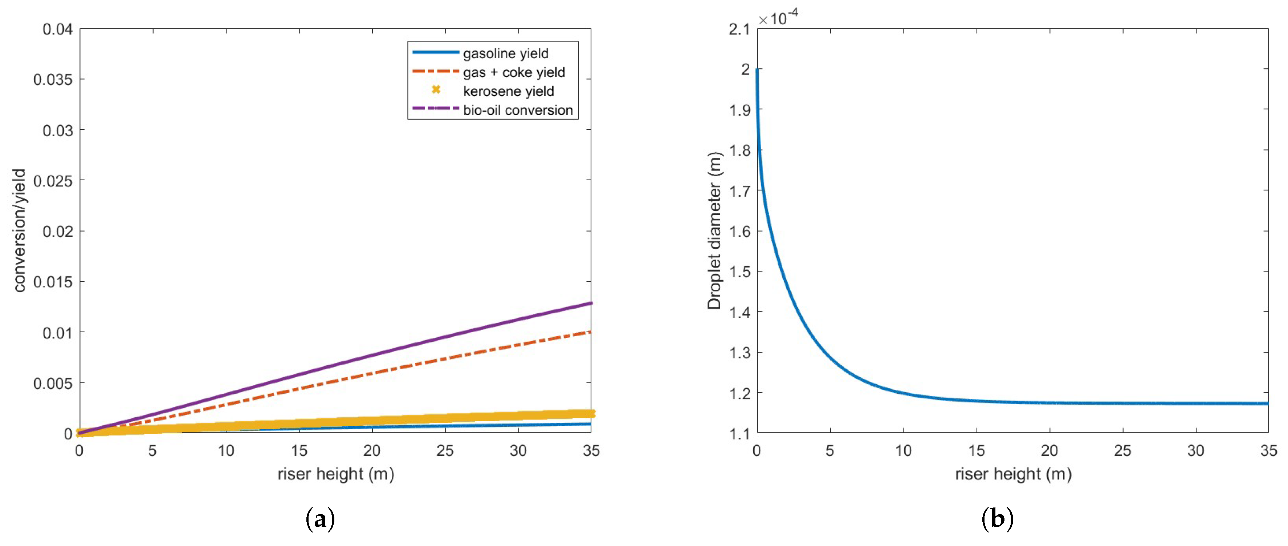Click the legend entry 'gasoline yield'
tap(505, 53)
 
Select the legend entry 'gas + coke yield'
tap(514, 72)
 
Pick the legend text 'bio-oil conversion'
tap(518, 110)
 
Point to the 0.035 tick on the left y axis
tap(53, 80)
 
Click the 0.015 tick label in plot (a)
tap(53, 282)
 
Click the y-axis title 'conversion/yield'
tap(19, 230)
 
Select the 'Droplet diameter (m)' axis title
tap(714, 230)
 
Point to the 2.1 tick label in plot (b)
tap(739, 29)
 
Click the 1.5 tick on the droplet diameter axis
tap(739, 272)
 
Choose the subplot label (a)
tap(319, 519)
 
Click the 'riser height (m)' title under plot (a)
tap(335, 473)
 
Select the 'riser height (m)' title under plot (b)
tap(1013, 473)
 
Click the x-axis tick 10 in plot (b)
tap(903, 450)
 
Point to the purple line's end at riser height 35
tap(591, 303)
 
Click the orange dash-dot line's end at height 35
tap(591, 332)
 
